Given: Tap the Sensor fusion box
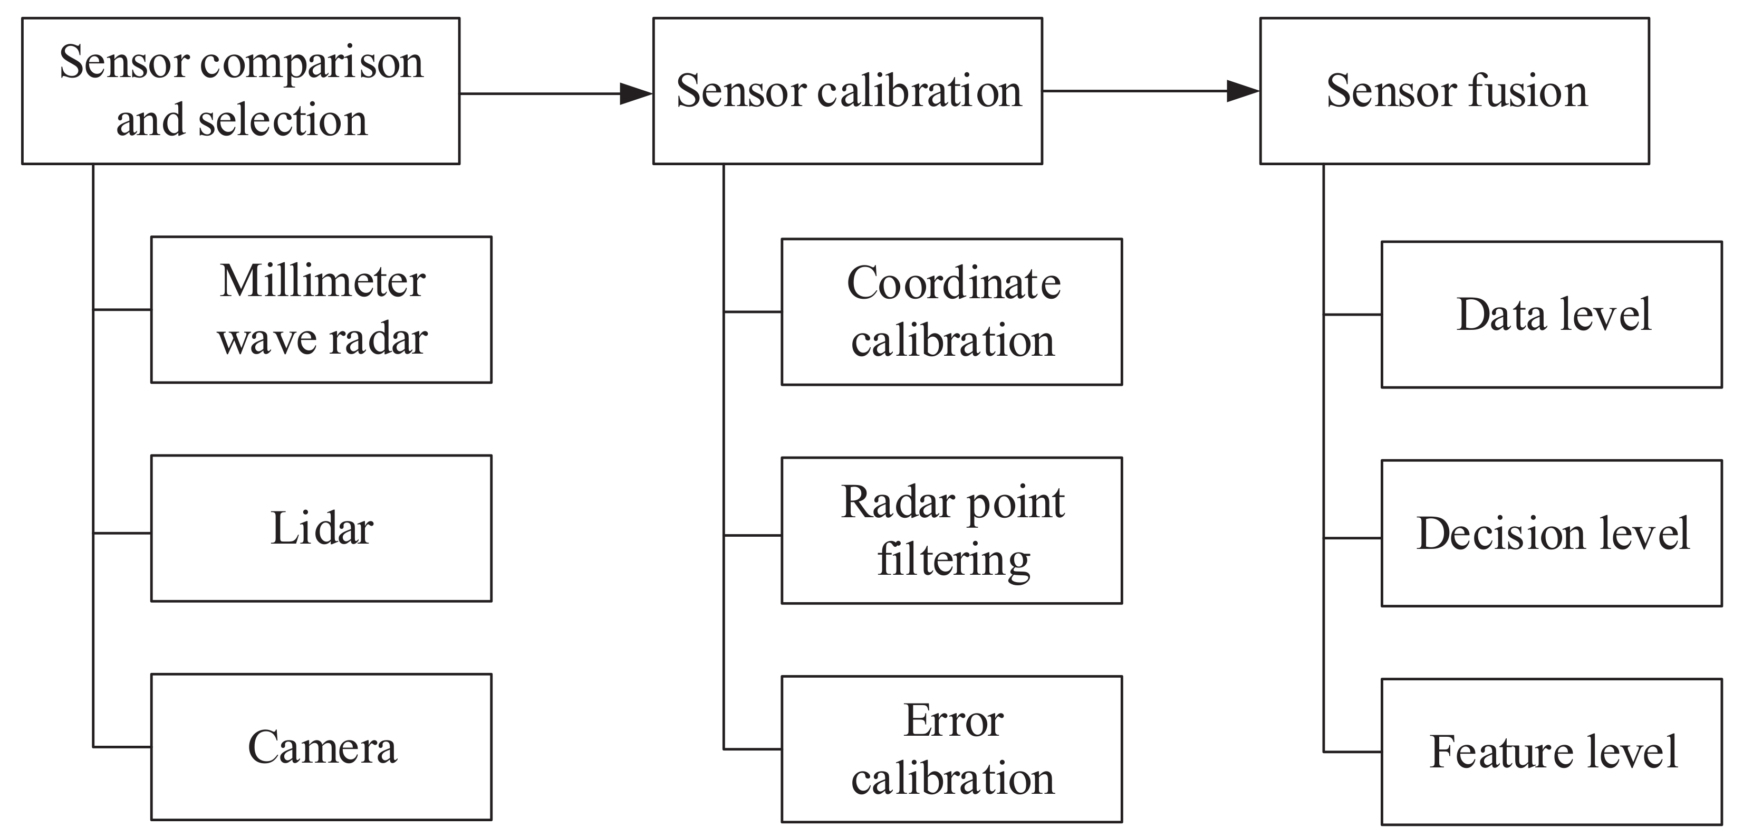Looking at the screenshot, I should pos(1454,91).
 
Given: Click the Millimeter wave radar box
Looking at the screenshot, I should pos(321,309).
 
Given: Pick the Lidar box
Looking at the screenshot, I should pos(321,528).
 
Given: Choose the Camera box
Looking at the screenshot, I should pos(321,747).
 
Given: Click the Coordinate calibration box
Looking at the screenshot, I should pos(952,311).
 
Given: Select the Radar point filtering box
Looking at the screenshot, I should pos(952,530).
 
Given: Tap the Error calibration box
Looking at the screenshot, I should pos(952,749).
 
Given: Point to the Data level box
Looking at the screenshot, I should pos(1552,314).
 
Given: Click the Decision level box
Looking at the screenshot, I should pos(1552,533).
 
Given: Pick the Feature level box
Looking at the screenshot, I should pos(1552,752).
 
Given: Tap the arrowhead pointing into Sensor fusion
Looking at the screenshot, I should pos(1244,91).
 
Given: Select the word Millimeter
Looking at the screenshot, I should pos(322,280).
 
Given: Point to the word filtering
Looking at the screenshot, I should pos(954,560).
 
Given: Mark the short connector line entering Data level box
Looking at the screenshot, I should pos(1352,315).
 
